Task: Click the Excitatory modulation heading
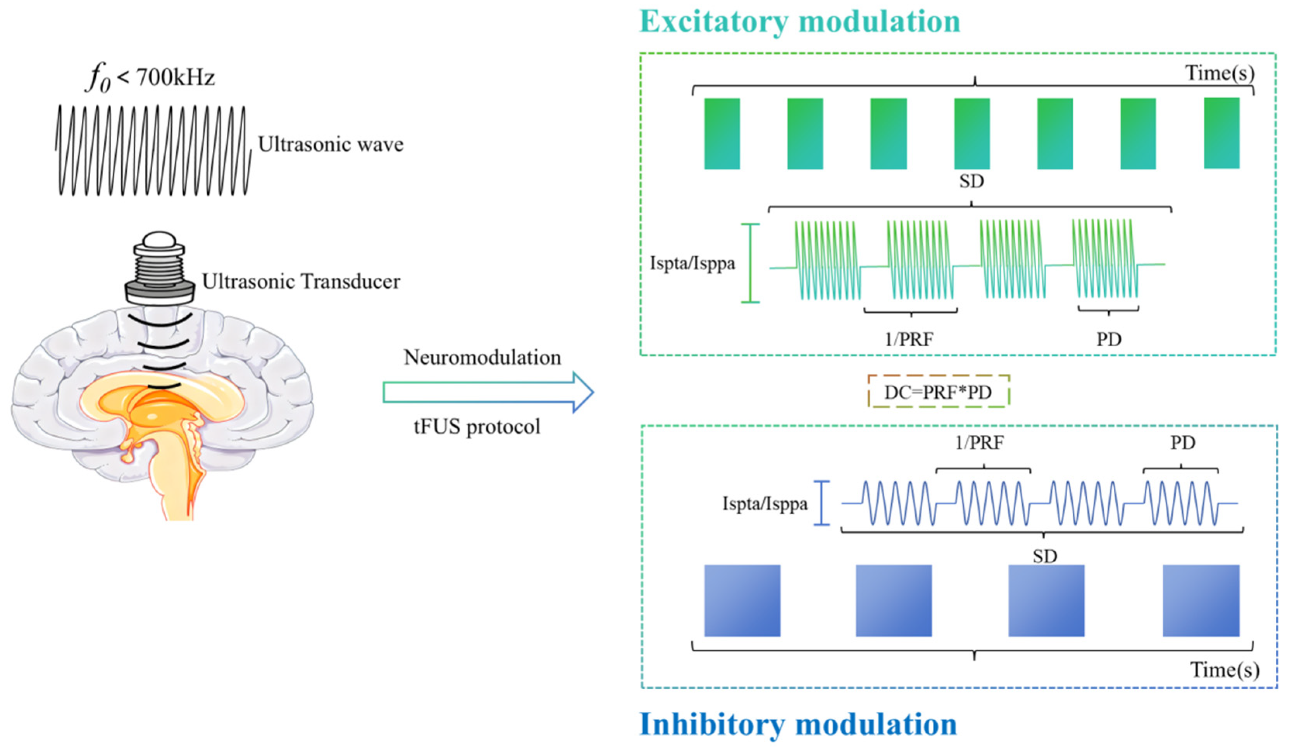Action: (799, 22)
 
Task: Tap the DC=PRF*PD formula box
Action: (938, 392)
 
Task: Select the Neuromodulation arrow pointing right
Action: (488, 392)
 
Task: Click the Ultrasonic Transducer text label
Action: (301, 282)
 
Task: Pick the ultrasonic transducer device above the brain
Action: (159, 269)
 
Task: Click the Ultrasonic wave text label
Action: (331, 144)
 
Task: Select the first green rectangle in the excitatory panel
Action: (722, 133)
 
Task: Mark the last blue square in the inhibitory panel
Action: (1201, 600)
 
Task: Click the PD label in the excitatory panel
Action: (1108, 339)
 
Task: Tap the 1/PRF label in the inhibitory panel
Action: (979, 443)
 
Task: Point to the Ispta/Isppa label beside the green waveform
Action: (692, 263)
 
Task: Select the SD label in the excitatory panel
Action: (972, 181)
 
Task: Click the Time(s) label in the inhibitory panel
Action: (1224, 670)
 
